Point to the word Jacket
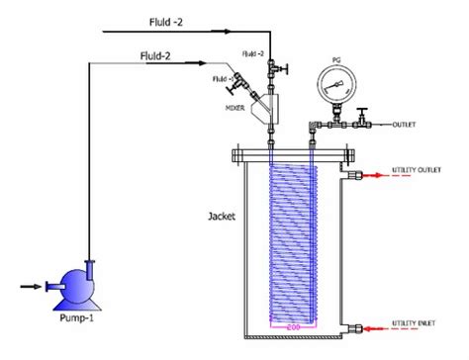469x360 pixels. [x=222, y=215]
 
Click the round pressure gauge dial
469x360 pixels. [x=330, y=93]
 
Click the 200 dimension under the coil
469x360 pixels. [x=293, y=324]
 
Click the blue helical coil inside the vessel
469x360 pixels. [x=293, y=237]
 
